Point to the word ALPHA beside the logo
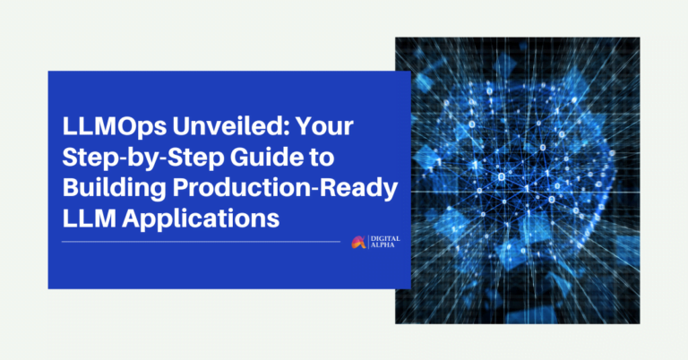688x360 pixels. tap(380, 245)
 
